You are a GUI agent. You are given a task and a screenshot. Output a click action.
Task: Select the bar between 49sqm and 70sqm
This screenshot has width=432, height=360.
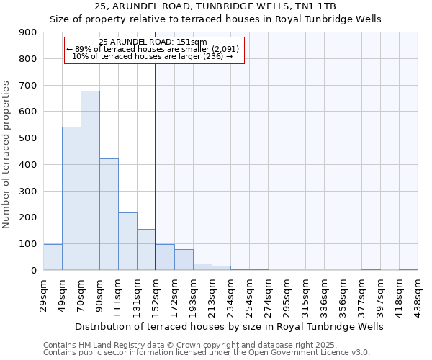71,198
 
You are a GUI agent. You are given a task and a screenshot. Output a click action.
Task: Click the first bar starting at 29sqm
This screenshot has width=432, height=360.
53,257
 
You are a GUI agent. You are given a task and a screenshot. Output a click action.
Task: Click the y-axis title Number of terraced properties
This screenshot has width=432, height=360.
7,155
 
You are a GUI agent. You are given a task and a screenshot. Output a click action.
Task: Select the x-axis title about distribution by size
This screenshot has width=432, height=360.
230,327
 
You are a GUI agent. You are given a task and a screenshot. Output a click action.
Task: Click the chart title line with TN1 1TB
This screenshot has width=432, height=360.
215,6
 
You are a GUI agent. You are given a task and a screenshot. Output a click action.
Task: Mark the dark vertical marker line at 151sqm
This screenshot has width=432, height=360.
156,166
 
